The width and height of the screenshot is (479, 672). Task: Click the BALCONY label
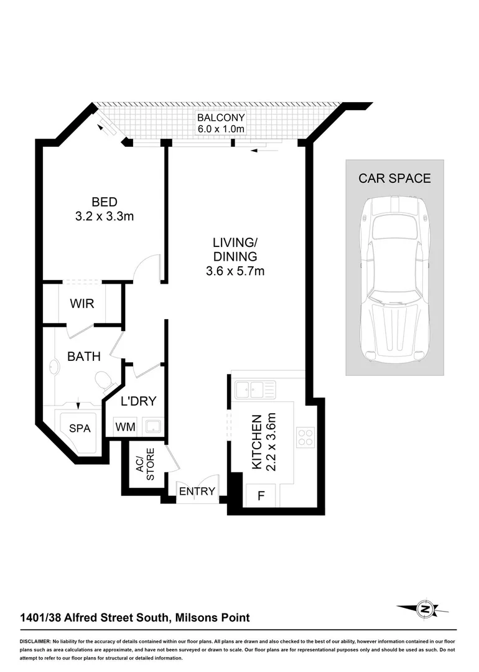(x=221, y=118)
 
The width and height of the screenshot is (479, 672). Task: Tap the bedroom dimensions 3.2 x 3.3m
(x=105, y=217)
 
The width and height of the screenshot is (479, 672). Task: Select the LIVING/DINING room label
(x=235, y=249)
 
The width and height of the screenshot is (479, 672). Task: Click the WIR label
(x=82, y=304)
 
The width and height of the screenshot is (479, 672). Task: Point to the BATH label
(x=84, y=357)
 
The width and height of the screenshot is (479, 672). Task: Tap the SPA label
(x=79, y=429)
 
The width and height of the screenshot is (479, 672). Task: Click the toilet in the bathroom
(x=103, y=379)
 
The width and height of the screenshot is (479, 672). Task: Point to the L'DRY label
(x=138, y=401)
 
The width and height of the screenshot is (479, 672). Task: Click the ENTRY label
(x=197, y=492)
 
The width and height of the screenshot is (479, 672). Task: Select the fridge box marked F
(x=261, y=497)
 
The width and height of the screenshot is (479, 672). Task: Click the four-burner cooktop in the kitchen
(x=305, y=436)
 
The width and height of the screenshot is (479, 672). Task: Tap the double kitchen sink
(x=255, y=390)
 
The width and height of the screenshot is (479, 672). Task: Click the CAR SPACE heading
(x=394, y=179)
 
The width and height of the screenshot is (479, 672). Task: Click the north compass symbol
(x=425, y=608)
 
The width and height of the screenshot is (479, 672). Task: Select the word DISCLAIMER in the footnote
(x=35, y=641)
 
